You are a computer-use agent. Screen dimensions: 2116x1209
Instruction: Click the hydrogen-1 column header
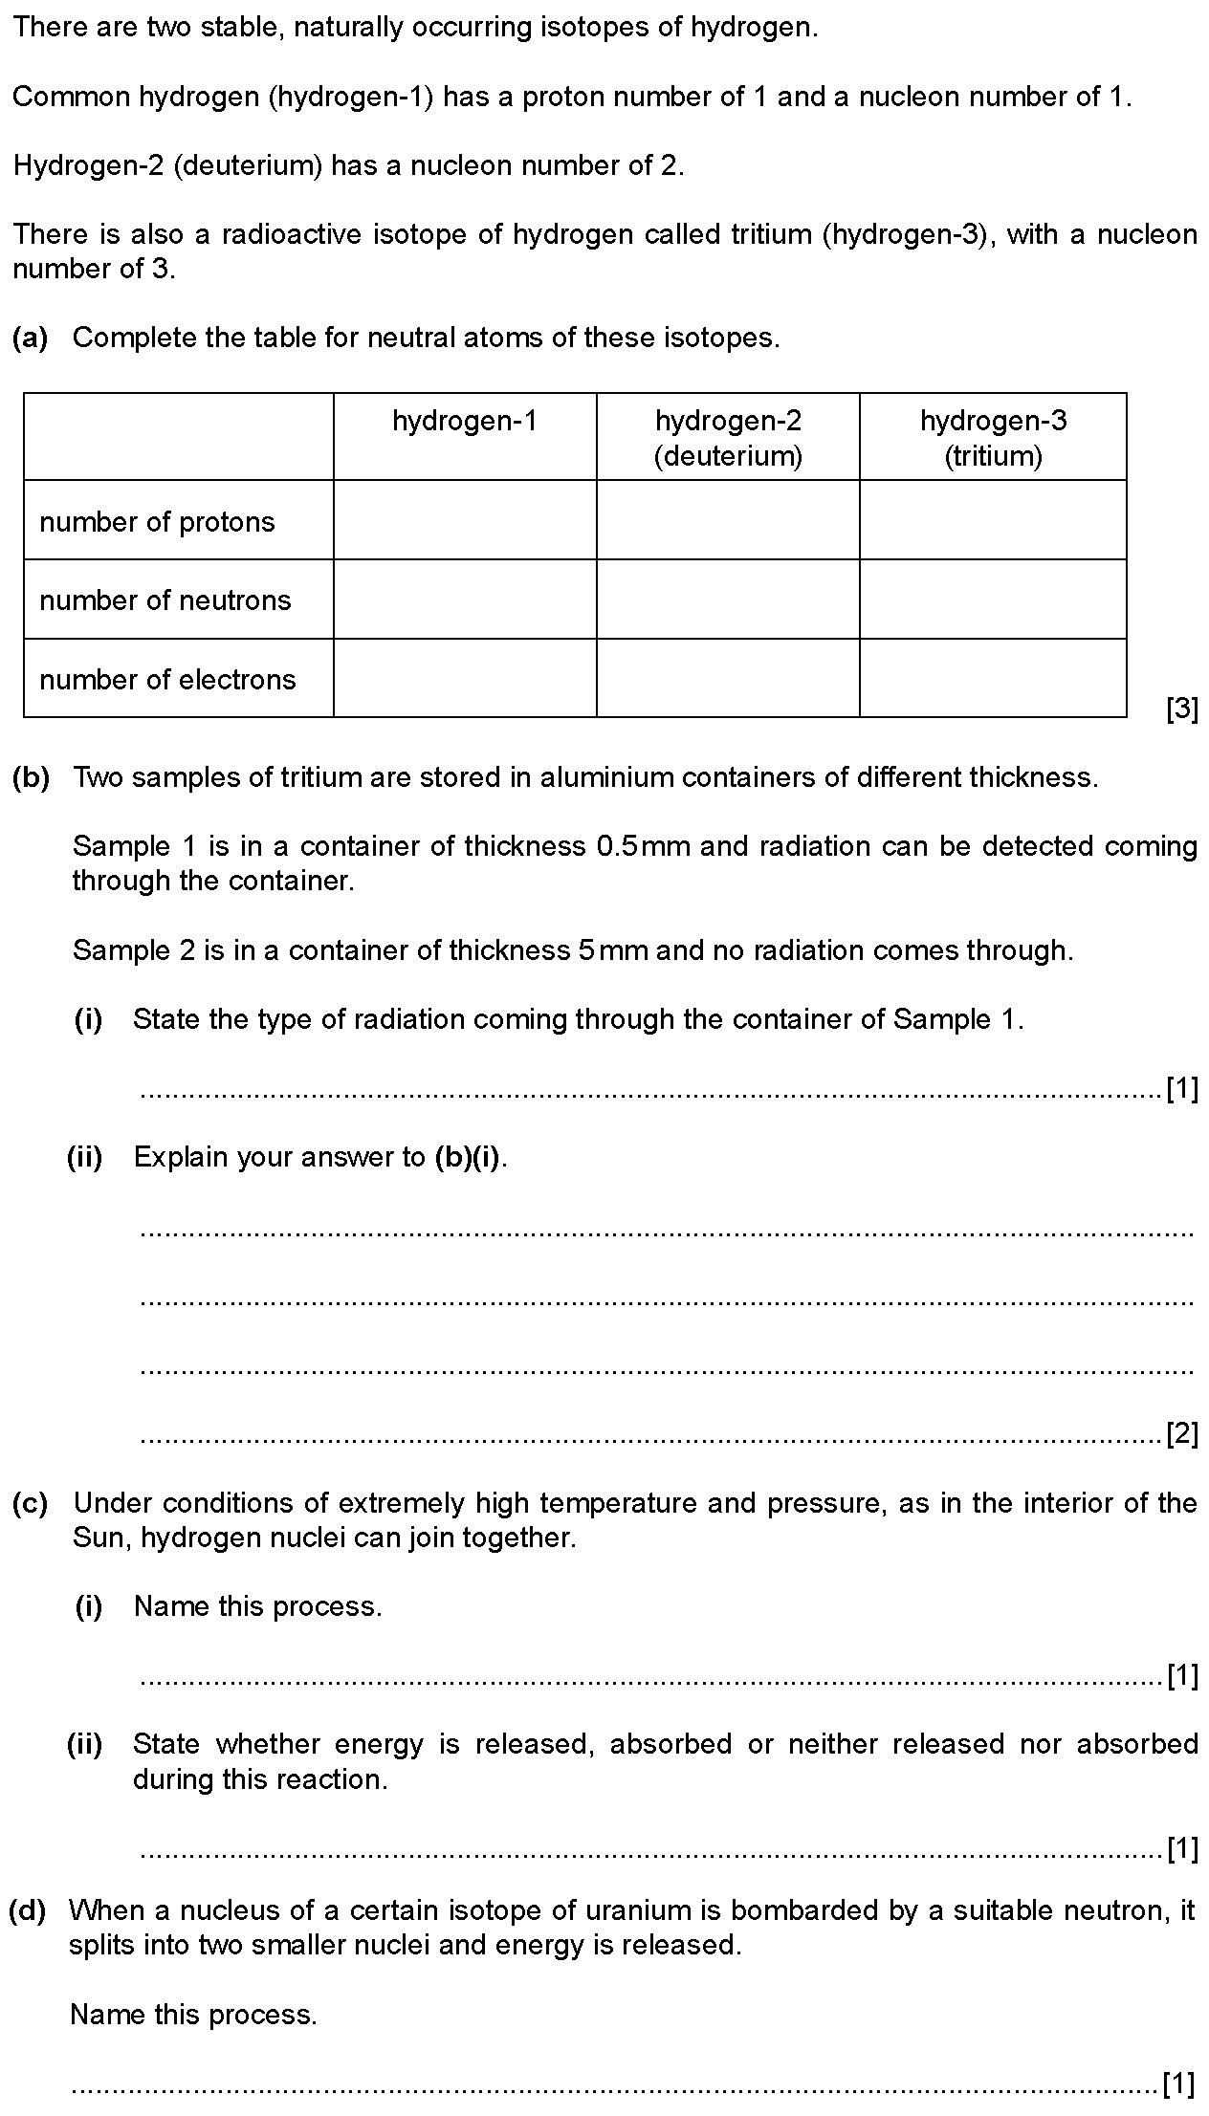[465, 421]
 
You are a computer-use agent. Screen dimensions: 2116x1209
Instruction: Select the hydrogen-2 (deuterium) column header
[728, 438]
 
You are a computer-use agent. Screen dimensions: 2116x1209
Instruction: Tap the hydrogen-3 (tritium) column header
[993, 438]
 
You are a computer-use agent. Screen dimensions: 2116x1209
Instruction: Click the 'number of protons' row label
[157, 522]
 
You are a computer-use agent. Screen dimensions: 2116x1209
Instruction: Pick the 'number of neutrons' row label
[165, 600]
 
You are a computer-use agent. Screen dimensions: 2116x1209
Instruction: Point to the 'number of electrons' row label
[167, 680]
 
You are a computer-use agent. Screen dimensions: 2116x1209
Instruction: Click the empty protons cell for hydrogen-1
[465, 520]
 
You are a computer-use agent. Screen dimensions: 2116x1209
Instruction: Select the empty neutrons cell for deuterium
[728, 600]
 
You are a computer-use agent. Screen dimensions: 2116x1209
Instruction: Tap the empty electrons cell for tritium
[993, 678]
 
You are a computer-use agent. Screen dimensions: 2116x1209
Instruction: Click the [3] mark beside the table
[1182, 709]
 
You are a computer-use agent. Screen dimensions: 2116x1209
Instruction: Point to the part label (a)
[31, 338]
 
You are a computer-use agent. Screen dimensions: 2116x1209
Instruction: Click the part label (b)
[31, 777]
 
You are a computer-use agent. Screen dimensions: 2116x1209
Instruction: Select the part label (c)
[31, 1503]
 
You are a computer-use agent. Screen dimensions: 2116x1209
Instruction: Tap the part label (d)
[28, 1910]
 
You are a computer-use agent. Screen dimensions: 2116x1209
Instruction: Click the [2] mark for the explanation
[1182, 1434]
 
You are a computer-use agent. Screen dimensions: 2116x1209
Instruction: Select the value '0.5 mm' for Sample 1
[642, 846]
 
